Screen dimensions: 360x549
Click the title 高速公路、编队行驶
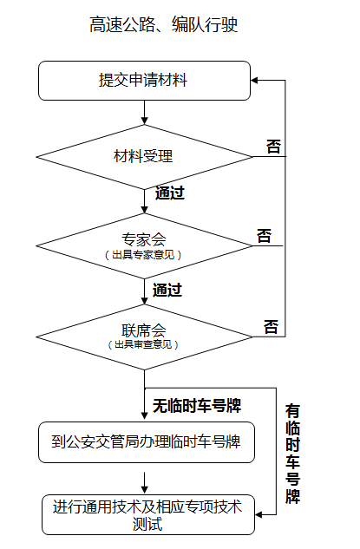point(164,24)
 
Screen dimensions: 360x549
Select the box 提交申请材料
point(144,81)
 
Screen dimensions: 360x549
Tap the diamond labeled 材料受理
point(144,156)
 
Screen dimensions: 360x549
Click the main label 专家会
point(144,239)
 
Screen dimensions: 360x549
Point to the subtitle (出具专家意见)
point(143,254)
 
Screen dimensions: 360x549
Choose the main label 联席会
point(144,330)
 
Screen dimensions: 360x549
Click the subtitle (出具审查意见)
point(143,344)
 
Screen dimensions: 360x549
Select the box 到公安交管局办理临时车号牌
point(147,442)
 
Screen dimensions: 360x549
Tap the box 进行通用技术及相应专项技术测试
point(148,514)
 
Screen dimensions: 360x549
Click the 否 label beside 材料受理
point(273,147)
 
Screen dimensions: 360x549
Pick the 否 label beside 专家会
point(264,236)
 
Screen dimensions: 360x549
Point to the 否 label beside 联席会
point(271,327)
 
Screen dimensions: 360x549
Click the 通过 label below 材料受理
point(170,193)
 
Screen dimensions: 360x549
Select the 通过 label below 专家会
point(167,291)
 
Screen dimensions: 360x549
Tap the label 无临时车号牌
point(197,406)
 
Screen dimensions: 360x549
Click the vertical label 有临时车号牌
point(292,454)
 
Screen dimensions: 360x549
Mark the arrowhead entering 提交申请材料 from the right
point(254,81)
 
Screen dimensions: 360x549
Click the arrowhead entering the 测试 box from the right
point(259,514)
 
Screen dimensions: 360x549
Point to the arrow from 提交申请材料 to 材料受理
point(144,113)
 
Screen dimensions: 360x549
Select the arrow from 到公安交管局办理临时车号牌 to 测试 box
point(144,483)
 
